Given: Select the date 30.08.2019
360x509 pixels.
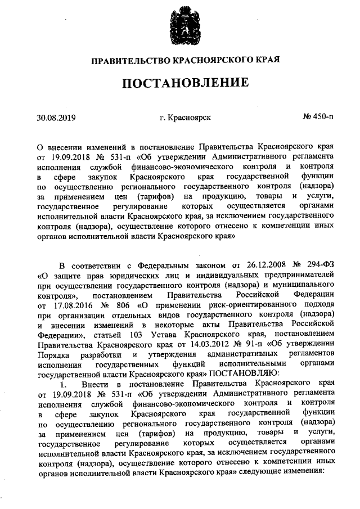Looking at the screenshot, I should tap(56, 118).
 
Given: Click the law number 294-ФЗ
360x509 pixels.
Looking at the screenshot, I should tap(321, 265).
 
